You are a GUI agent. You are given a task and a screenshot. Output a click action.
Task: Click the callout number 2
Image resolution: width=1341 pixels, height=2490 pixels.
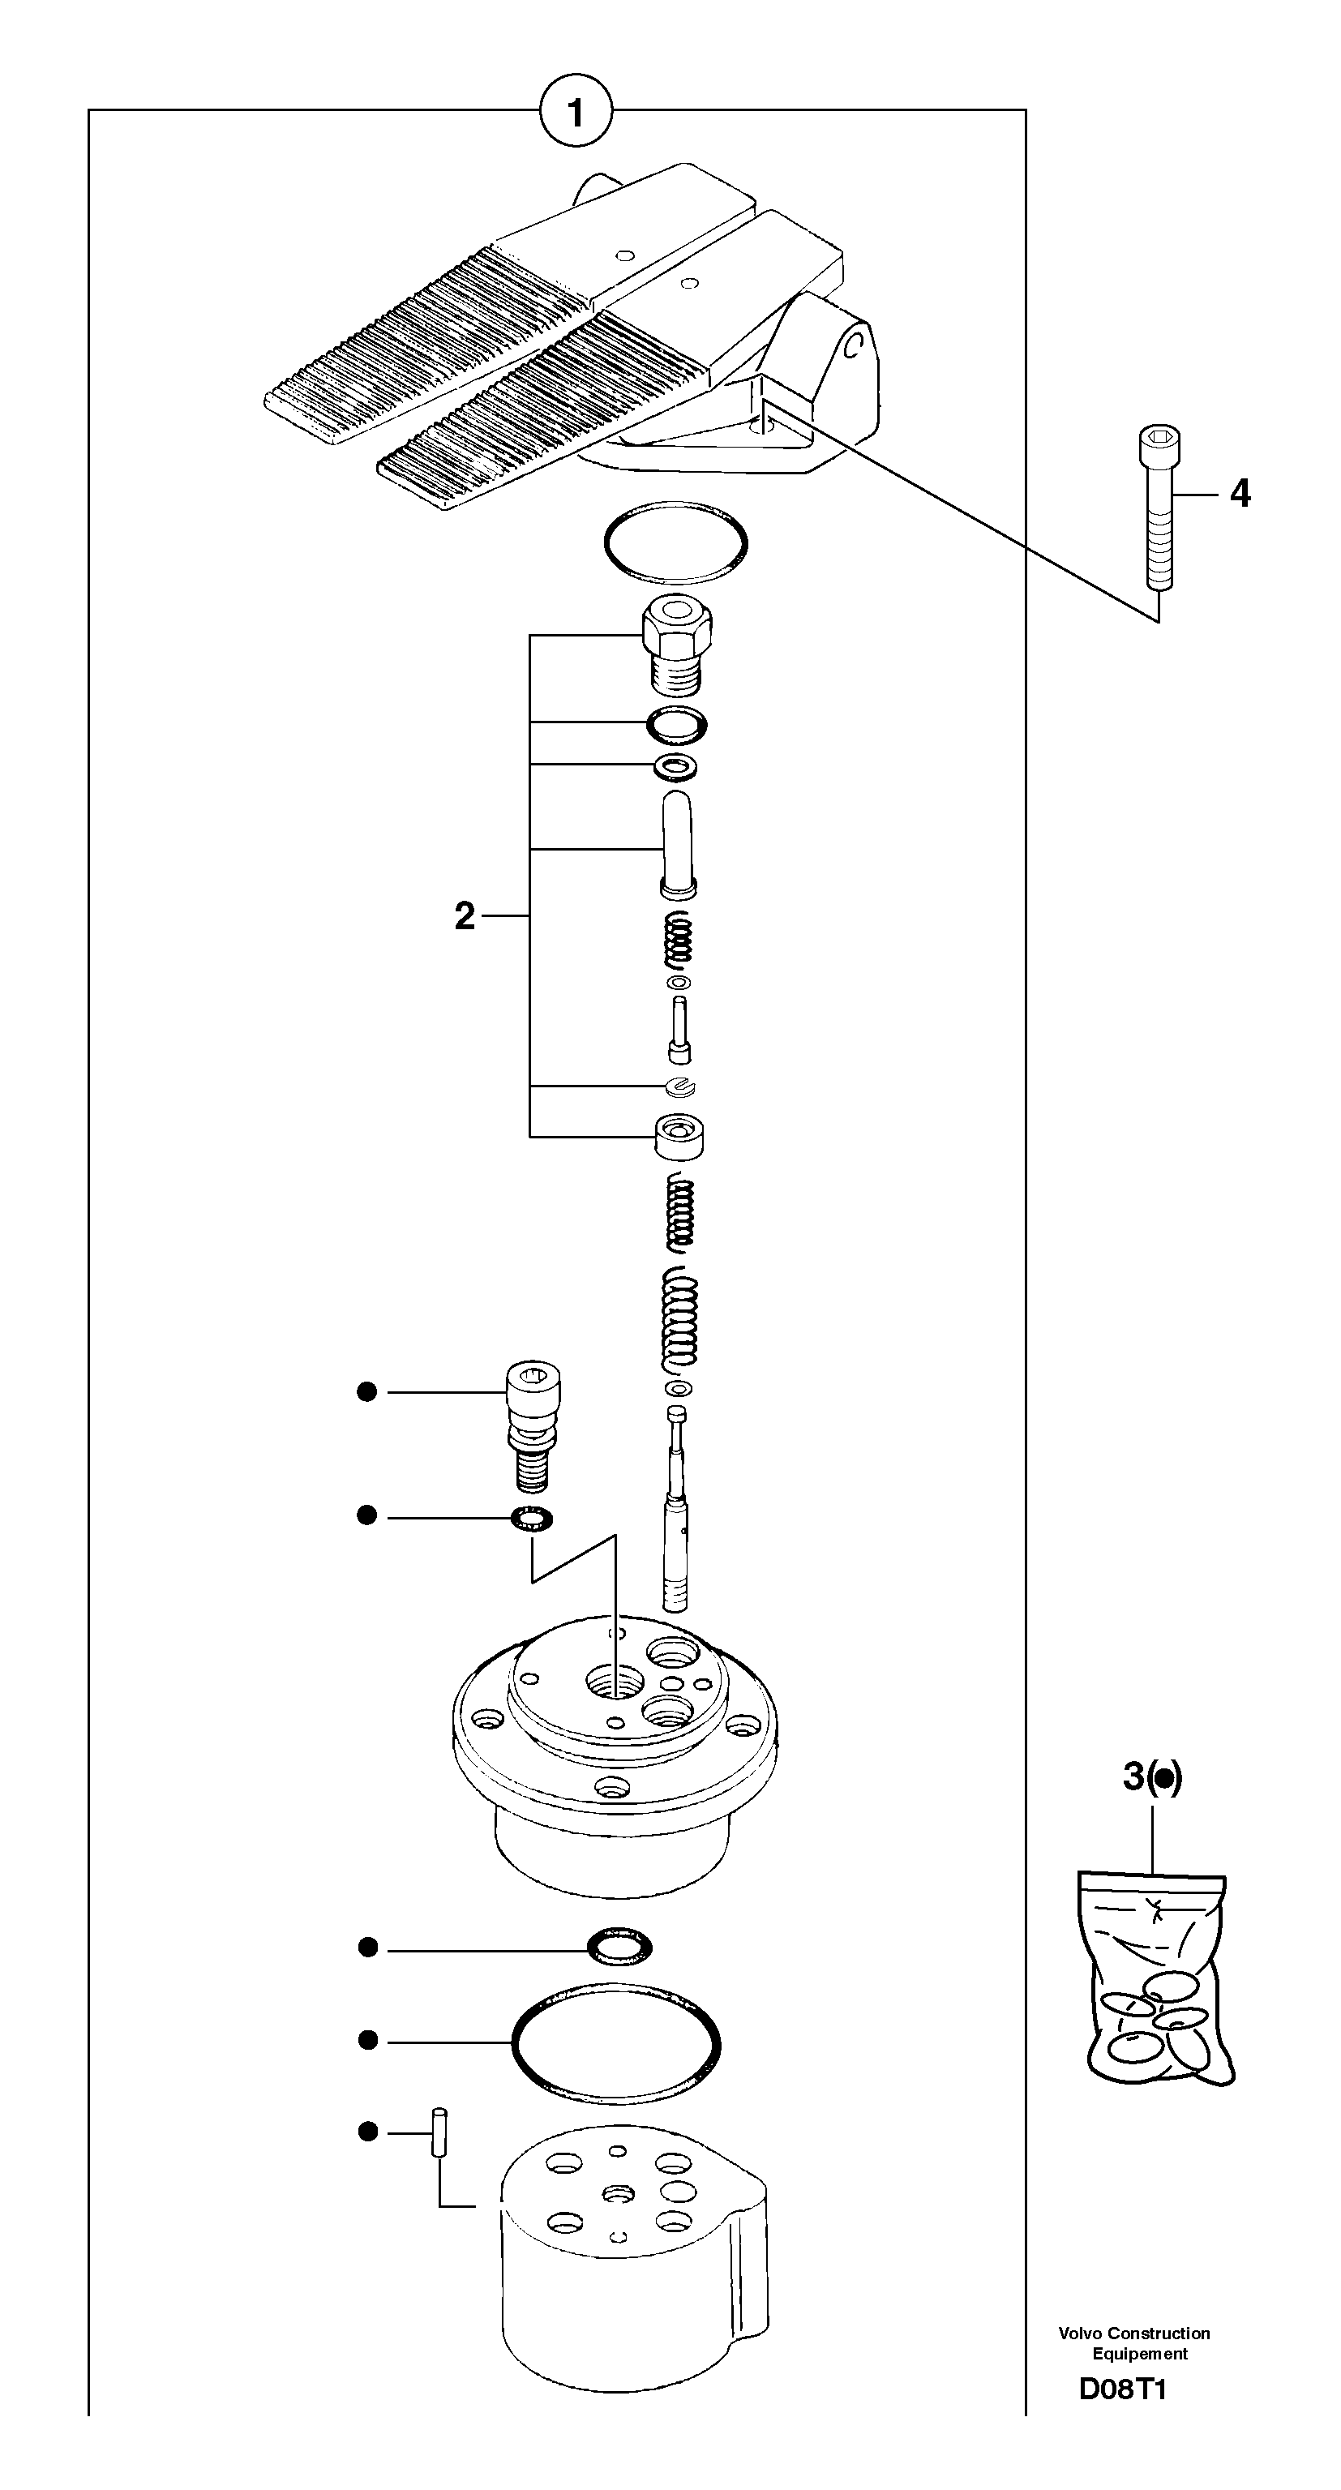[465, 916]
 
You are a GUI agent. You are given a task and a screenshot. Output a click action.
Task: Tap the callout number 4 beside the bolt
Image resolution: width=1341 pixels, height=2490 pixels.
[1240, 494]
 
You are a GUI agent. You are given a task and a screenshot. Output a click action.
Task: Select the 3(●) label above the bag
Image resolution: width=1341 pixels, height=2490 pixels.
[1151, 1776]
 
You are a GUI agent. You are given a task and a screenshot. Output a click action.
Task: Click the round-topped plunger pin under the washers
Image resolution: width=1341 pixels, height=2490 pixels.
[678, 846]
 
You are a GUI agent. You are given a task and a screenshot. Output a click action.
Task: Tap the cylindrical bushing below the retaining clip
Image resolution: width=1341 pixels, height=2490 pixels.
[679, 1136]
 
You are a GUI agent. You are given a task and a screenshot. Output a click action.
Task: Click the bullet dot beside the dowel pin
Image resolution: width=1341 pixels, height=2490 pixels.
[367, 2131]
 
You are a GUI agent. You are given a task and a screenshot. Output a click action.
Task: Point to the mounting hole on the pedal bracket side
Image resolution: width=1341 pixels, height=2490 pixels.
[853, 345]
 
